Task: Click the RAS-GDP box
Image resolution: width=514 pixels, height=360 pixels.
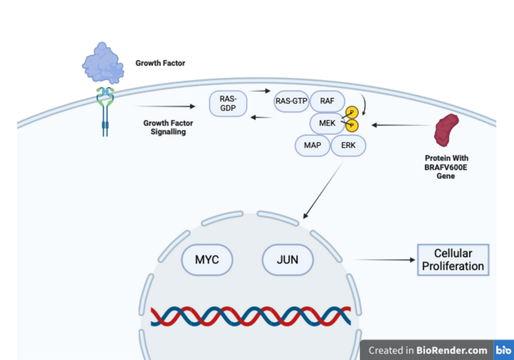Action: click(228, 103)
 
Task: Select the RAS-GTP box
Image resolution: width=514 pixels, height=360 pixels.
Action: click(291, 101)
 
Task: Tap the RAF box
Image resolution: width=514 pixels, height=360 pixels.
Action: click(327, 101)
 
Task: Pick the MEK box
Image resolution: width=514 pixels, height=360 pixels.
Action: click(326, 124)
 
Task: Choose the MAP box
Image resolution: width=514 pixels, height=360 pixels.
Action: click(312, 146)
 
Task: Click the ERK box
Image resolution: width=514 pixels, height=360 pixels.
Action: click(348, 146)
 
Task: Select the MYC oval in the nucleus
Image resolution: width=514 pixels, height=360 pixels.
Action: click(207, 259)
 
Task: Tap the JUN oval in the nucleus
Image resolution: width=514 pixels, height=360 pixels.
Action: click(288, 259)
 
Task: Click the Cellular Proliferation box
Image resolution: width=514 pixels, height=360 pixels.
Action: click(453, 260)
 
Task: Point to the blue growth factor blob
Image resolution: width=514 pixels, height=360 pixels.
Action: click(103, 64)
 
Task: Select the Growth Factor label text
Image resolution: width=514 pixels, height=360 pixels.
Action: click(160, 63)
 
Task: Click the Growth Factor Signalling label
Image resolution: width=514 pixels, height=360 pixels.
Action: click(168, 127)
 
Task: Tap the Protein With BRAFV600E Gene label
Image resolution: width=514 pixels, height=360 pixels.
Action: click(446, 167)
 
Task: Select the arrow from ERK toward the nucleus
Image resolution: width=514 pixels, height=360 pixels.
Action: click(323, 190)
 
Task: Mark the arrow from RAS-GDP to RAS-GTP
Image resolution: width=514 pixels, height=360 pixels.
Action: click(259, 91)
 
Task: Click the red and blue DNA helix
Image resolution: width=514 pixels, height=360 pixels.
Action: click(251, 317)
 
